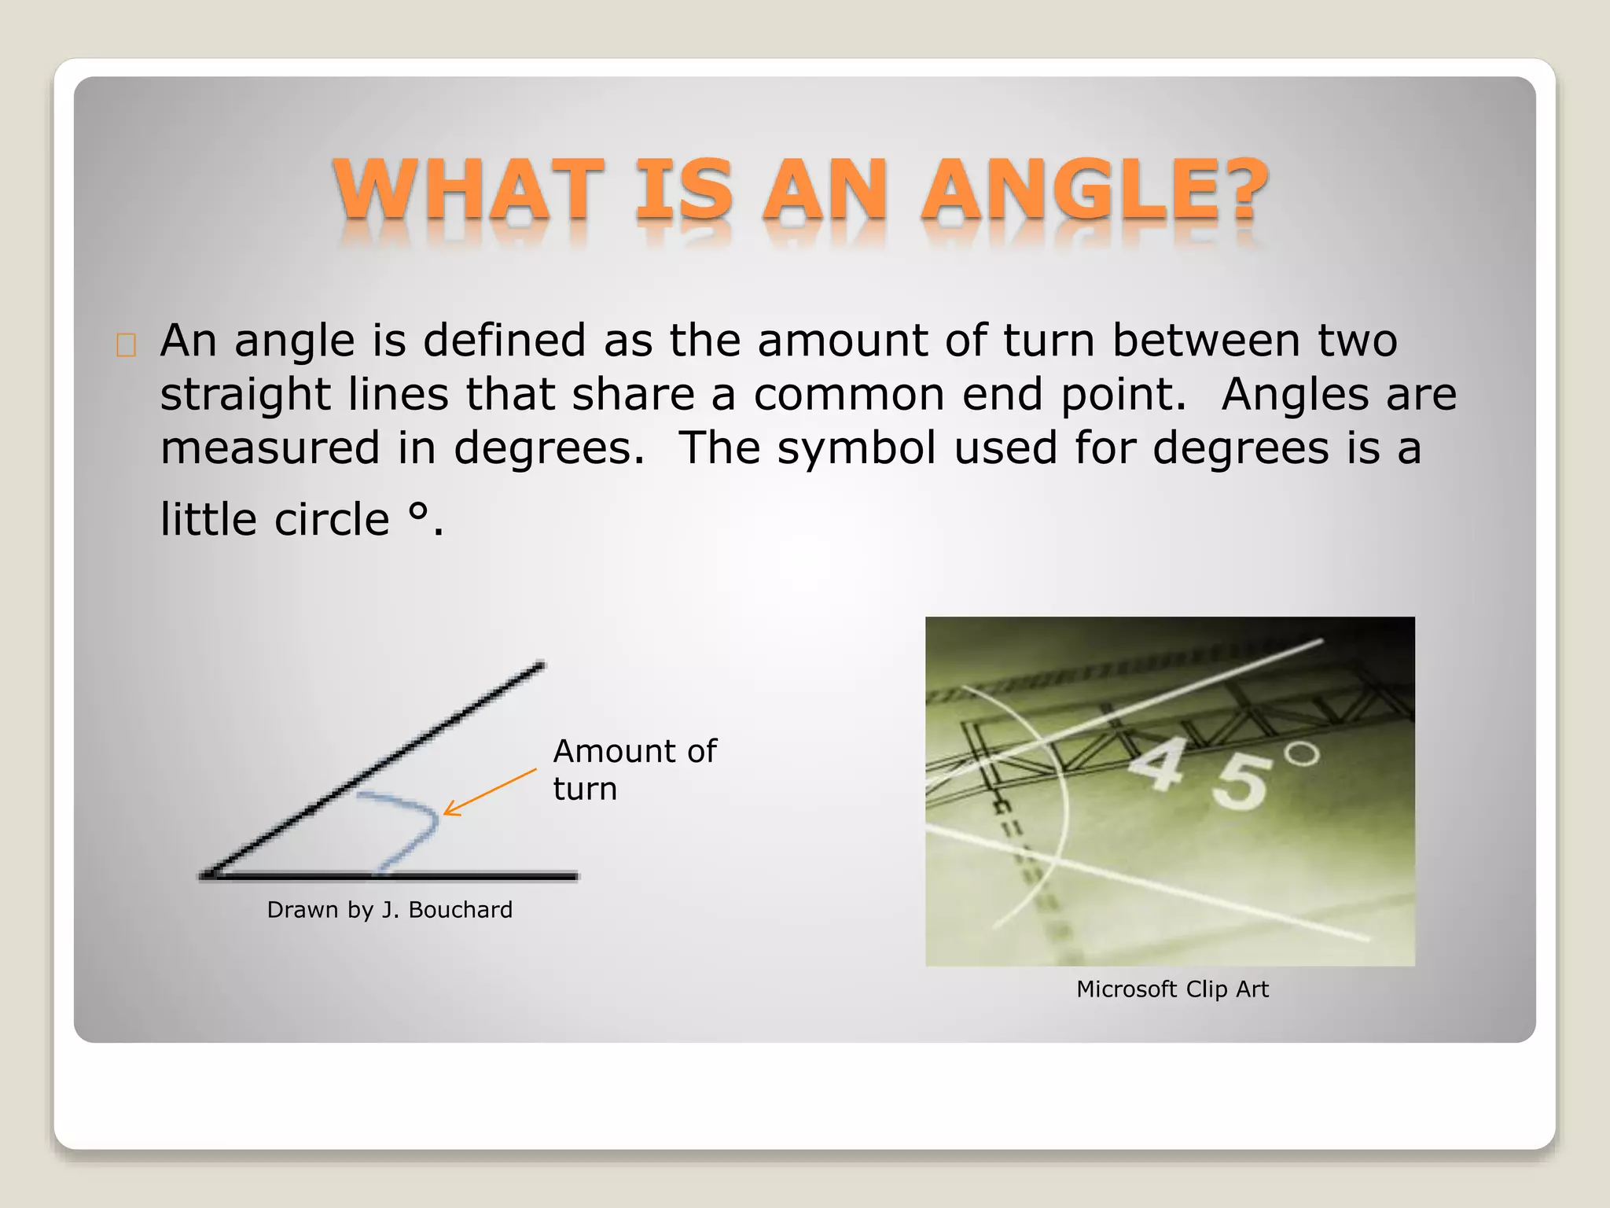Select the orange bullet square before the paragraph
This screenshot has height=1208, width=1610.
[126, 345]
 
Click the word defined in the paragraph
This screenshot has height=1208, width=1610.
[504, 341]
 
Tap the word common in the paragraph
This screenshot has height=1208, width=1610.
[849, 394]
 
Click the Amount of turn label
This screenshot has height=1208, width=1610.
[634, 769]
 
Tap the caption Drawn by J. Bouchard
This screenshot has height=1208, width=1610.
[389, 910]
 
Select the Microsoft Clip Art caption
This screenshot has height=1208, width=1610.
[1171, 989]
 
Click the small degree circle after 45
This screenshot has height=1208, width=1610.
[1303, 753]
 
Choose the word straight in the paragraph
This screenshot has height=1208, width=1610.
[244, 394]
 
